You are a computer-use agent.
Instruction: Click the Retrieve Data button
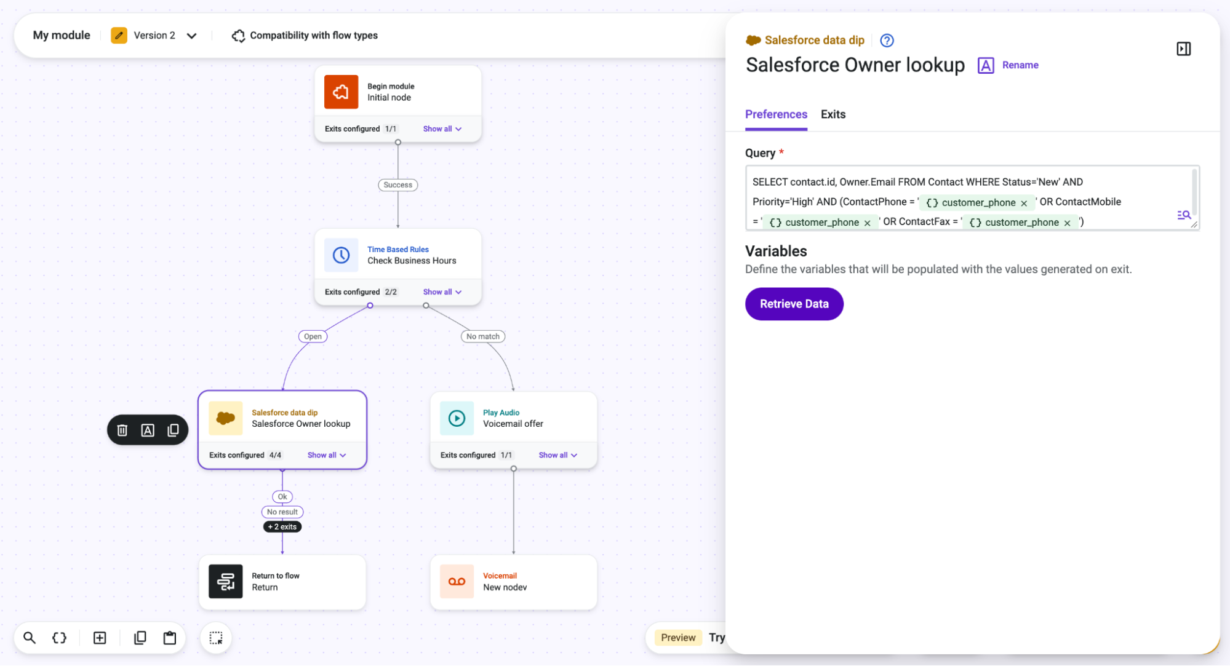tap(794, 304)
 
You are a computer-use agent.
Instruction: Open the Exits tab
tap(833, 114)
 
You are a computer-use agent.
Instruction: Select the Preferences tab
tap(776, 114)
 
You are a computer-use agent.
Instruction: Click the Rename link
tap(1020, 65)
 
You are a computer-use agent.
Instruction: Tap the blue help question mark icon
tap(887, 41)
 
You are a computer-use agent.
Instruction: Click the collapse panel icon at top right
tap(1183, 49)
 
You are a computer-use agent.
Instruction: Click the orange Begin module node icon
tap(341, 92)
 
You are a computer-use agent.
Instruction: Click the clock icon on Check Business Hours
tap(341, 255)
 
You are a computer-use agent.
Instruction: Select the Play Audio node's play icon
tap(457, 418)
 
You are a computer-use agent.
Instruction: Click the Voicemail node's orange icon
tap(457, 581)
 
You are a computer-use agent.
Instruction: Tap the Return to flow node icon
tap(225, 581)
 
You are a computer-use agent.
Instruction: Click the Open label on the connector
tap(313, 336)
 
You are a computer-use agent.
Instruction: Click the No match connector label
tap(483, 336)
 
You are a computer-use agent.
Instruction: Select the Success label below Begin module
tap(397, 185)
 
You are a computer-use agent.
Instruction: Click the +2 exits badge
tap(282, 527)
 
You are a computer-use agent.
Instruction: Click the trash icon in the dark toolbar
tap(122, 430)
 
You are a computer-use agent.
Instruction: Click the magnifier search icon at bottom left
tap(30, 638)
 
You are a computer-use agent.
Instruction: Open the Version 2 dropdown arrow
tap(192, 36)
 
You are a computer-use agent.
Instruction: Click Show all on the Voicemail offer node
tap(557, 455)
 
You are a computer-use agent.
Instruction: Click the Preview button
tap(678, 638)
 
